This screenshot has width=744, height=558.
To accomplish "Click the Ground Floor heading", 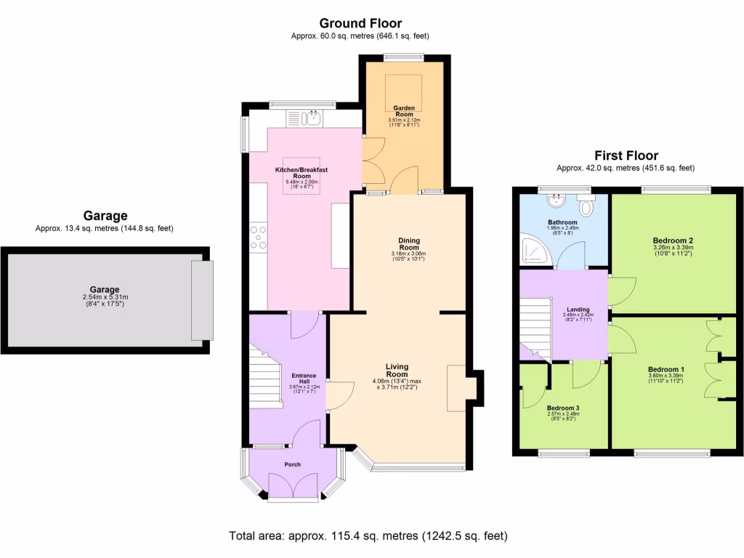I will tap(360, 24).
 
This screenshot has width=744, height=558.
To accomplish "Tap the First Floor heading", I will tap(626, 155).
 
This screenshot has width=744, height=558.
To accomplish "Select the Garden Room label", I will tap(405, 110).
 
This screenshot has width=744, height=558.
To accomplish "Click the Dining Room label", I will tap(409, 243).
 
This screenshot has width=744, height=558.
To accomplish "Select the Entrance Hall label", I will tap(304, 379).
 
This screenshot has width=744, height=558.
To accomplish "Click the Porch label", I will tap(292, 464).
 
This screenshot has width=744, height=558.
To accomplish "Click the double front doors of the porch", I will tap(294, 485).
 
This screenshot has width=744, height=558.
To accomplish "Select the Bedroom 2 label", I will tap(672, 240).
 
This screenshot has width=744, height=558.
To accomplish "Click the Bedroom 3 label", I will tap(563, 408).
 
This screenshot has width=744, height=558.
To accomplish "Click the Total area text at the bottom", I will tap(368, 536).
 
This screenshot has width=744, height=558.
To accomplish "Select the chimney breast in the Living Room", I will tap(459, 384).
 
